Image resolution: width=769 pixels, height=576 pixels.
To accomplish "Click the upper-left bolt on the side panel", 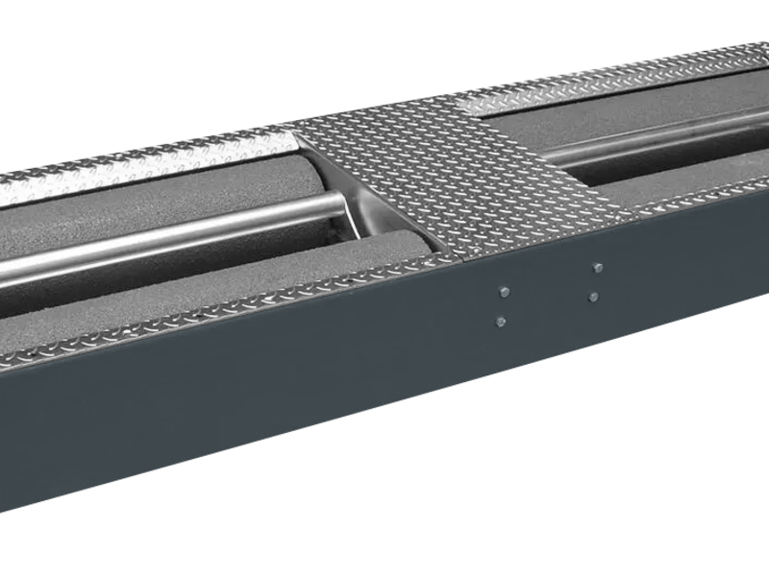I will point(502,291).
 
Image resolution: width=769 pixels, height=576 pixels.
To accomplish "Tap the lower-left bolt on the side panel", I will point(501,321).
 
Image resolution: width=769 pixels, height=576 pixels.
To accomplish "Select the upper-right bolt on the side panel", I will point(598,268).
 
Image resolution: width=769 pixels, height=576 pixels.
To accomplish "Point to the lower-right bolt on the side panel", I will point(597,297).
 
